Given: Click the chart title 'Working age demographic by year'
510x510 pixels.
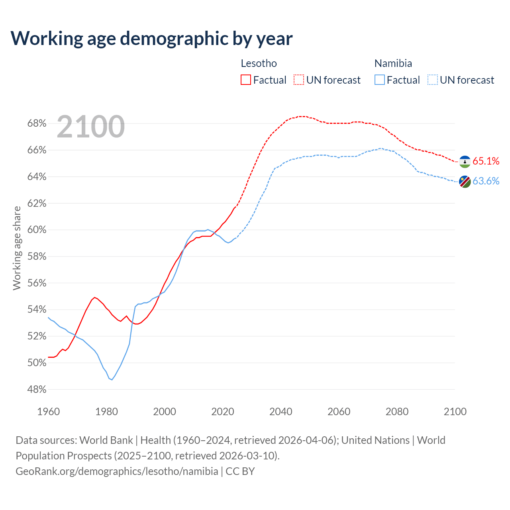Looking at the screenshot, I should point(151,38).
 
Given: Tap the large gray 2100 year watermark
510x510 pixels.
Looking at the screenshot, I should point(91,127).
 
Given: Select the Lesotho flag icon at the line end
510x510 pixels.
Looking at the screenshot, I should point(465,162).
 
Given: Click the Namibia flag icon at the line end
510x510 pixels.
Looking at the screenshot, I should point(465,182).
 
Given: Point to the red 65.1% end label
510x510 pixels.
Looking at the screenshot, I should point(486,161).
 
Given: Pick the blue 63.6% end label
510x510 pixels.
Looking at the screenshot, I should point(486,181).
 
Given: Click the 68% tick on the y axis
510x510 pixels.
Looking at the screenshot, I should point(37,124).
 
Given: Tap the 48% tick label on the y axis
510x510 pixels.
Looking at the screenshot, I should point(37,389).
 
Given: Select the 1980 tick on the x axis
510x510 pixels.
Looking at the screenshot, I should point(106,412).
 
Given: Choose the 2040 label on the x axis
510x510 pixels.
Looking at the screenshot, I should point(280,412).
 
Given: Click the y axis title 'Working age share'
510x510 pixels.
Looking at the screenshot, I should point(17,248).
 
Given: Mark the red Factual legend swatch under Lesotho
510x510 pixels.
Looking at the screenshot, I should point(246,80).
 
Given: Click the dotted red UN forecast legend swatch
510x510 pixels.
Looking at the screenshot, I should point(299,80).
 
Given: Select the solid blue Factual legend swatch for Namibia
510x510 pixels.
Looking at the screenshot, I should point(380,80).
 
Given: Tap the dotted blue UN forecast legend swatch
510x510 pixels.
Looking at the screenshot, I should point(432,80).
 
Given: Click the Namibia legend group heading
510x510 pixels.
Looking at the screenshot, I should point(393,63).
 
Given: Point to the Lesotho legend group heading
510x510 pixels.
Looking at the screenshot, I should point(259,63).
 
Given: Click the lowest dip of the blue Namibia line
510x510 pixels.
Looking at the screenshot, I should point(112,380).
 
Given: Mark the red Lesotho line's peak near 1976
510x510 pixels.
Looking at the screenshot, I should point(94,297).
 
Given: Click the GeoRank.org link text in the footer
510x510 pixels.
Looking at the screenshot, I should point(117,471).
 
